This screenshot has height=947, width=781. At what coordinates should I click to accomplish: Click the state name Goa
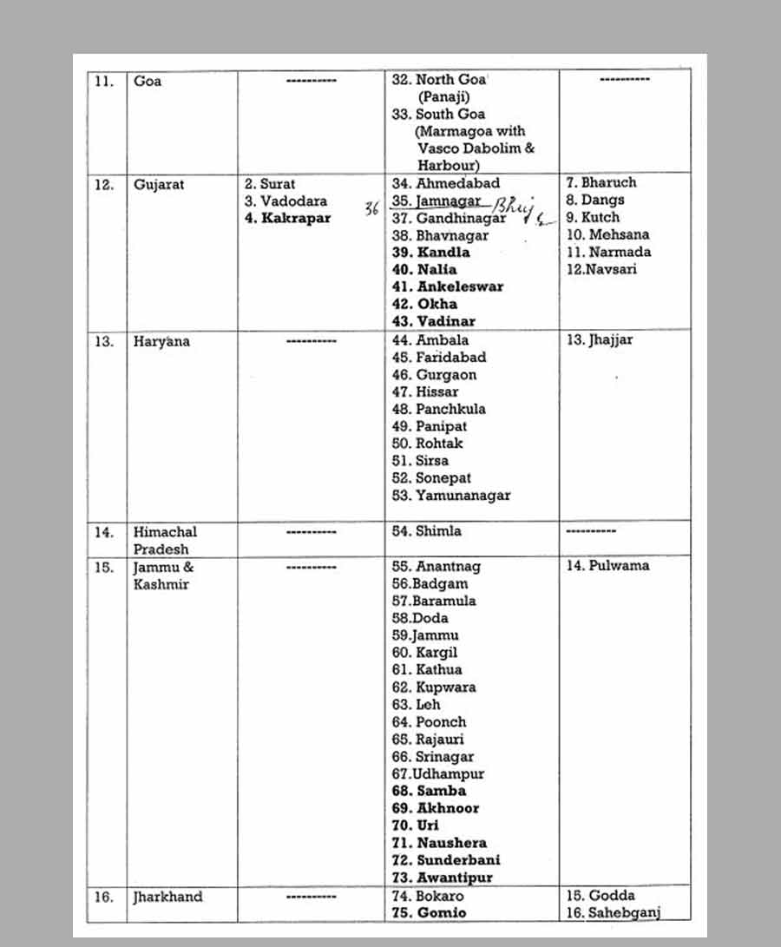pos(148,82)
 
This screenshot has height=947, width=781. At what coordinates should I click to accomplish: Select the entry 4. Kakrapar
pos(287,218)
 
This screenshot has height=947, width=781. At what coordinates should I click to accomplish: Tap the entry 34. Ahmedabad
pos(446,183)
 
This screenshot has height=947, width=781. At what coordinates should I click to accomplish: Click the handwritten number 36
pos(371,207)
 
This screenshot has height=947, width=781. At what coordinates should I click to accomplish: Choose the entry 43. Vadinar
pos(433,321)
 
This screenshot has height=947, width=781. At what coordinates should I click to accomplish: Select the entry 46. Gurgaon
pos(434,375)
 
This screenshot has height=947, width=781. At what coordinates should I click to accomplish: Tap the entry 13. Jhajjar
pos(600,340)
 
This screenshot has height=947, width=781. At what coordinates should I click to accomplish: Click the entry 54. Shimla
pos(426,531)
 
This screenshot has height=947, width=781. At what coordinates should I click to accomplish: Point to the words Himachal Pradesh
pos(164,540)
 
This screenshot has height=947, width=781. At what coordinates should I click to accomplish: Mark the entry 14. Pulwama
pos(607,566)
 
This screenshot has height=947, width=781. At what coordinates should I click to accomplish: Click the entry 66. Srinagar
pos(432,757)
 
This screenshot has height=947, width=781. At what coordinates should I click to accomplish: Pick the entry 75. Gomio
pos(429,913)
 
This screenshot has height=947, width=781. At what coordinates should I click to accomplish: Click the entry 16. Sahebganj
pos(612,913)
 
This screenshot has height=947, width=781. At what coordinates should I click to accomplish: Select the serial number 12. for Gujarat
pos(103,185)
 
